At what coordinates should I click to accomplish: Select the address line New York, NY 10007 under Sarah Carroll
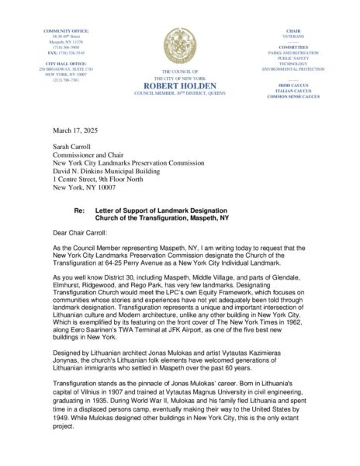[x=85, y=189]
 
